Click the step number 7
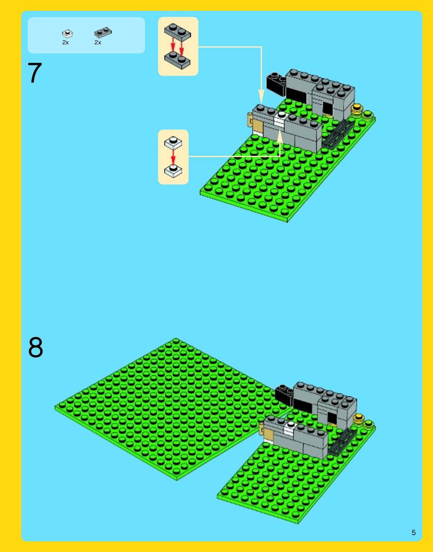pos(35,73)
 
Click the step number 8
pos(35,347)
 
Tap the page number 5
pos(413,533)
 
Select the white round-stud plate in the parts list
pos(68,34)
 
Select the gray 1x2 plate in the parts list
pos(103,32)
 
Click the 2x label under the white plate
pos(65,43)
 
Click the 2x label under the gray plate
pos(98,43)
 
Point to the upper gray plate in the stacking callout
pos(177,32)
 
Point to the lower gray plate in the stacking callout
pos(177,61)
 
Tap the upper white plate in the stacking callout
pos(173,143)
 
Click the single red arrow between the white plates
pos(173,157)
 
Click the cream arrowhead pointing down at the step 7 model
pos(261,97)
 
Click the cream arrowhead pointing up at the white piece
pos(280,136)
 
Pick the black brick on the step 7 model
pos(276,84)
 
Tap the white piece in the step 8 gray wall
pos(290,429)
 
